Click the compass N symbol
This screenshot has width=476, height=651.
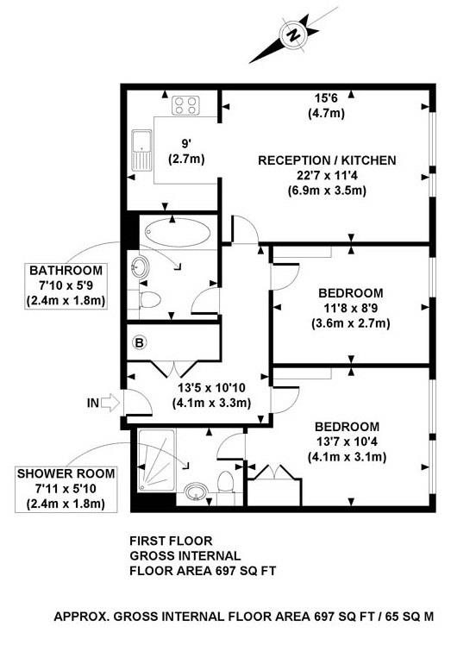tap(293, 35)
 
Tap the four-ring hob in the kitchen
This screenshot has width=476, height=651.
tap(185, 106)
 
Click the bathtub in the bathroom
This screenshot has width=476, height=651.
tap(178, 231)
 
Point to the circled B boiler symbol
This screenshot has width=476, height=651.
tap(138, 343)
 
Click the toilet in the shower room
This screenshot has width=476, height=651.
tap(226, 484)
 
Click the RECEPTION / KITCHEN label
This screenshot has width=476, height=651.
tap(327, 160)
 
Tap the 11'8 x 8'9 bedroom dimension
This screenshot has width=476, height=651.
tap(349, 309)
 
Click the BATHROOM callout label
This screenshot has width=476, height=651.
tap(66, 269)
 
